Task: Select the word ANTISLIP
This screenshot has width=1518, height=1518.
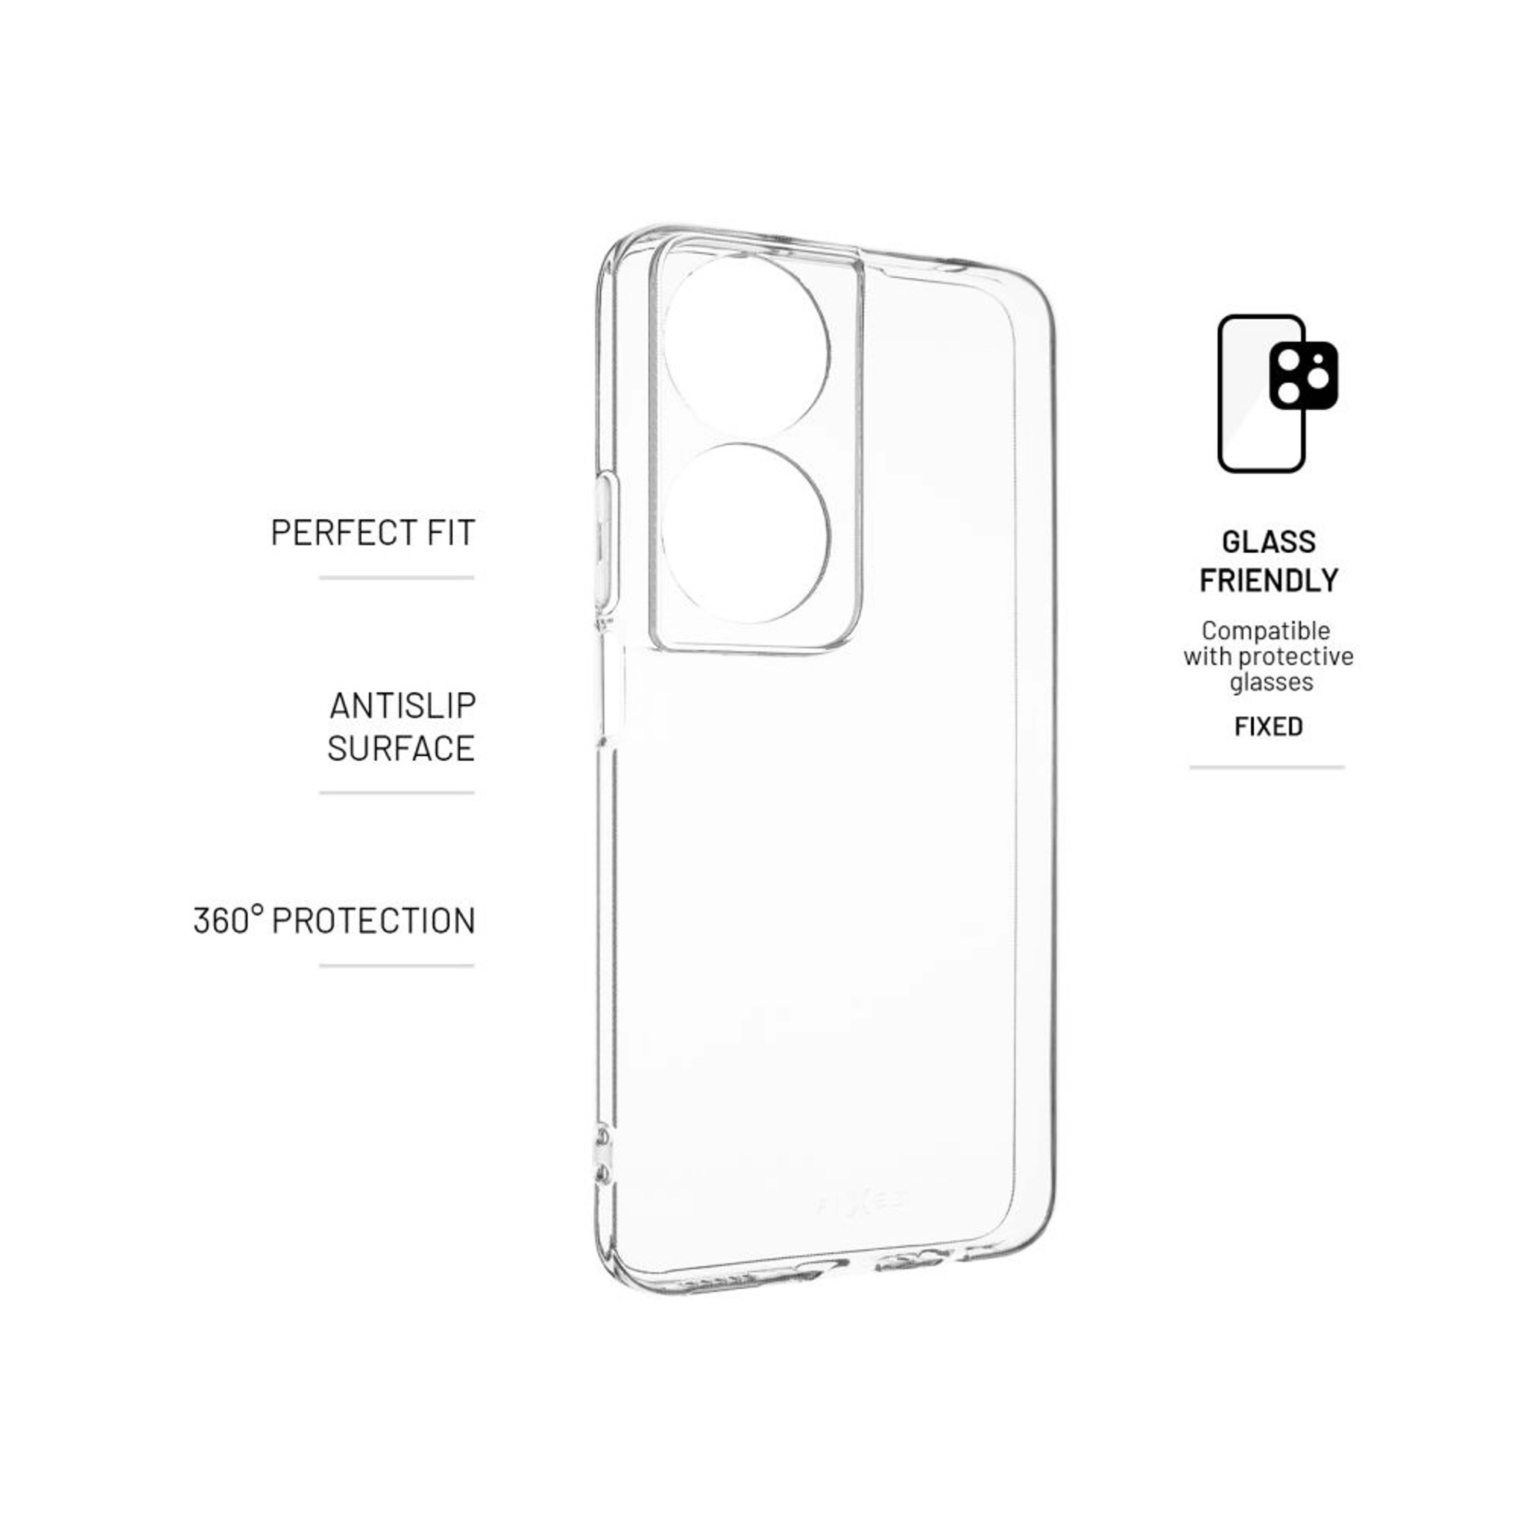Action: point(402,706)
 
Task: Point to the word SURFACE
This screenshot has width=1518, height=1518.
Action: point(401,748)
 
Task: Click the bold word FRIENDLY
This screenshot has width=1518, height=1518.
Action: point(1268,581)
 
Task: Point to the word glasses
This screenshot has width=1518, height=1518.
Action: point(1271,681)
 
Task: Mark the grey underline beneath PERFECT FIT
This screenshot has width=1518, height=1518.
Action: point(397,578)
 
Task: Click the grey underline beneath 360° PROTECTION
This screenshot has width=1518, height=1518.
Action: point(397,966)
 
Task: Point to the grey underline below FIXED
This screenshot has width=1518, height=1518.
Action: point(1267,767)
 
